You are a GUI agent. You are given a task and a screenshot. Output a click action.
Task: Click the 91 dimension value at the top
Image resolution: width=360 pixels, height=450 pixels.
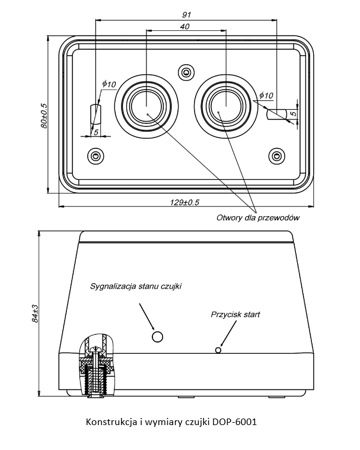click(x=187, y=15)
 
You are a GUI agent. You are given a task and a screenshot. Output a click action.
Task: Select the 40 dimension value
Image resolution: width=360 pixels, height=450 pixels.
click(x=185, y=26)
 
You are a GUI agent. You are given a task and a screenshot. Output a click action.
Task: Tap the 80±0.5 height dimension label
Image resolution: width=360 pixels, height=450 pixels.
click(x=44, y=115)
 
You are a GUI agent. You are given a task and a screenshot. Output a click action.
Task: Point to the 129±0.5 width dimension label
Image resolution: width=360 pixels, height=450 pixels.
click(x=184, y=202)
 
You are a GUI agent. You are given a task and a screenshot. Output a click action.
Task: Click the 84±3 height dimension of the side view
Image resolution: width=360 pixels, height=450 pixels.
click(x=34, y=313)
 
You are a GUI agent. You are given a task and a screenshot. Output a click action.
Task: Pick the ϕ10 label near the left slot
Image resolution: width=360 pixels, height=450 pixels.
click(x=109, y=84)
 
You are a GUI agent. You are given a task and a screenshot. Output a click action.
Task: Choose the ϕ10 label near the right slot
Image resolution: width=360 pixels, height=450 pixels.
click(x=266, y=95)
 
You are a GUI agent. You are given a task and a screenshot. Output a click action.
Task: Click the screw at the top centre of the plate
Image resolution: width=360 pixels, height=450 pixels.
click(x=187, y=72)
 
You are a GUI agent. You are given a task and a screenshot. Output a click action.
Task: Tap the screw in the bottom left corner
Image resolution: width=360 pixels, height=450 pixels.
click(x=95, y=156)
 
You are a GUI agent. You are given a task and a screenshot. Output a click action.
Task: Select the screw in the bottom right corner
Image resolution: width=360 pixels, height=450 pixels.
click(x=276, y=156)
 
